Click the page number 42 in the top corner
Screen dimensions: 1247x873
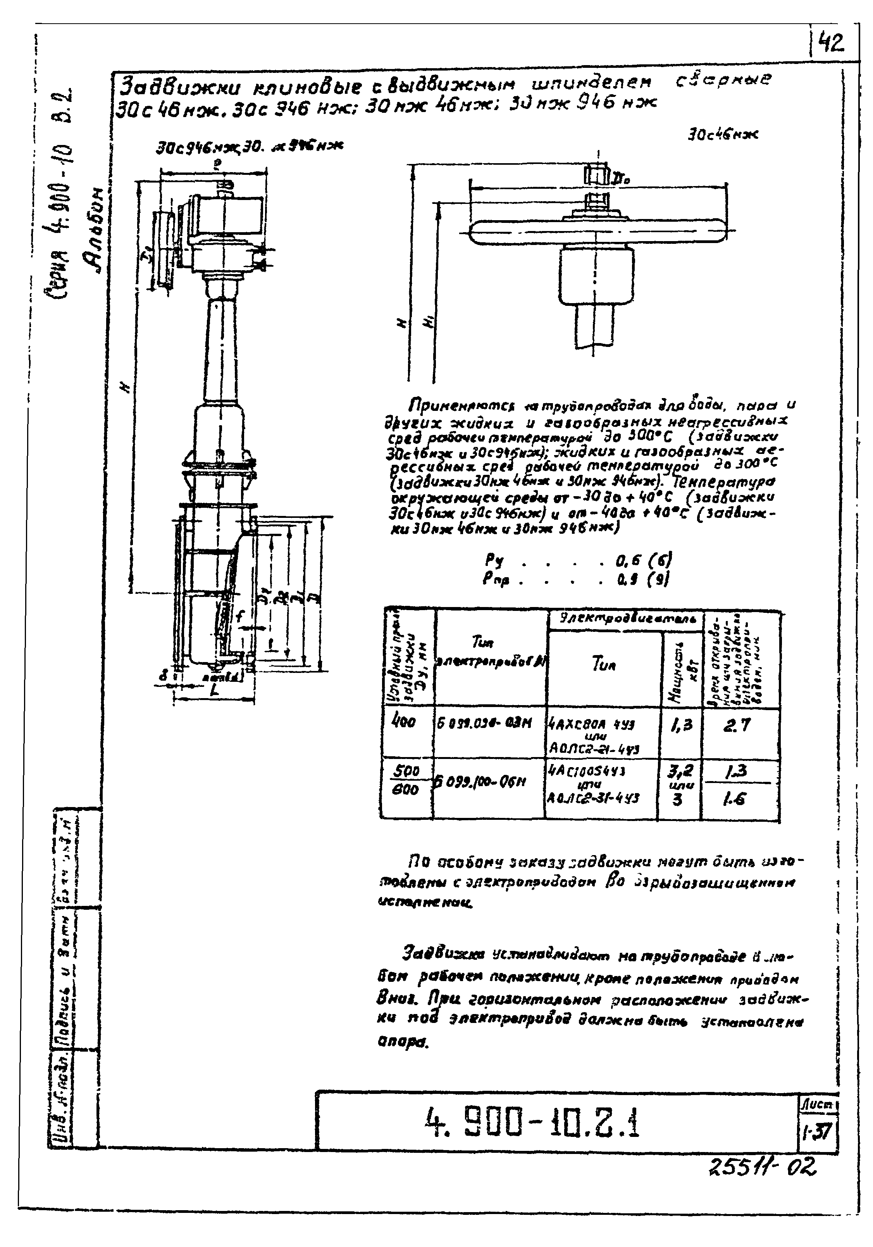pos(833,42)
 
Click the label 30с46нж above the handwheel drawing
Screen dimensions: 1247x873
pos(722,135)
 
